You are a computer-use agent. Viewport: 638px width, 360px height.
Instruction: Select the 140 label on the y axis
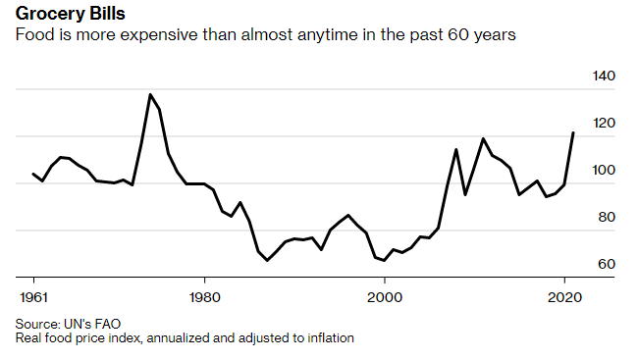click(603, 77)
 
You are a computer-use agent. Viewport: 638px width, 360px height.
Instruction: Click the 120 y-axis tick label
click(603, 124)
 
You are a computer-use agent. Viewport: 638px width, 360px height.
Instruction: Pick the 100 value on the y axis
click(603, 171)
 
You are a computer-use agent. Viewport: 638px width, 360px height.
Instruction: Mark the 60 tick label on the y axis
click(607, 265)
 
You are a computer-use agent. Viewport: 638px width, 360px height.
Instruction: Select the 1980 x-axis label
click(204, 295)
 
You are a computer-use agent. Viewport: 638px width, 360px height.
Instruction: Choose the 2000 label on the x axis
click(385, 295)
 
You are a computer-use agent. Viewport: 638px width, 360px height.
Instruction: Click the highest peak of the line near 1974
click(150, 94)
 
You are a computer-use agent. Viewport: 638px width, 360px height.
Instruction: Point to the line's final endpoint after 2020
click(573, 132)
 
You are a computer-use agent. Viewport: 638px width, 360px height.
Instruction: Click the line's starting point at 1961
click(33, 174)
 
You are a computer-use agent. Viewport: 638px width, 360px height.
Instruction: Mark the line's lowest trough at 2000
click(384, 261)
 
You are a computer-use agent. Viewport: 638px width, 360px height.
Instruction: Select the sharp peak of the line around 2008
click(456, 149)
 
